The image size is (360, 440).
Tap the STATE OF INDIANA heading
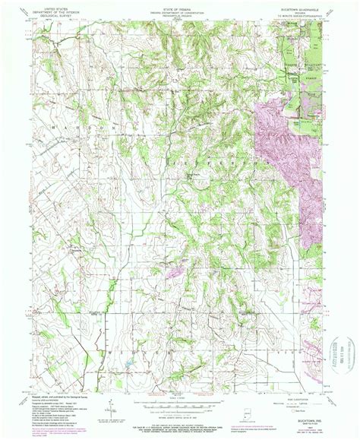pyautogui.click(x=179, y=8)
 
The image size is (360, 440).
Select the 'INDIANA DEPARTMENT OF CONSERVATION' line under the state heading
pyautogui.click(x=179, y=11)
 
